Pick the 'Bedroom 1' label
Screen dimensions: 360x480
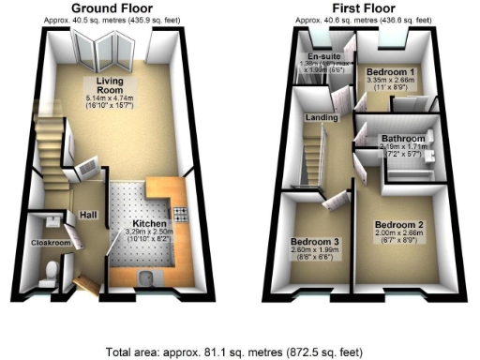(388, 71)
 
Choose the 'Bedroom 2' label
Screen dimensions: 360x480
(400, 225)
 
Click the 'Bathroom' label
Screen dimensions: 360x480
(400, 139)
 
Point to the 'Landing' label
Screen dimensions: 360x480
(322, 118)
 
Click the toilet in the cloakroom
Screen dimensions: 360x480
(52, 273)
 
